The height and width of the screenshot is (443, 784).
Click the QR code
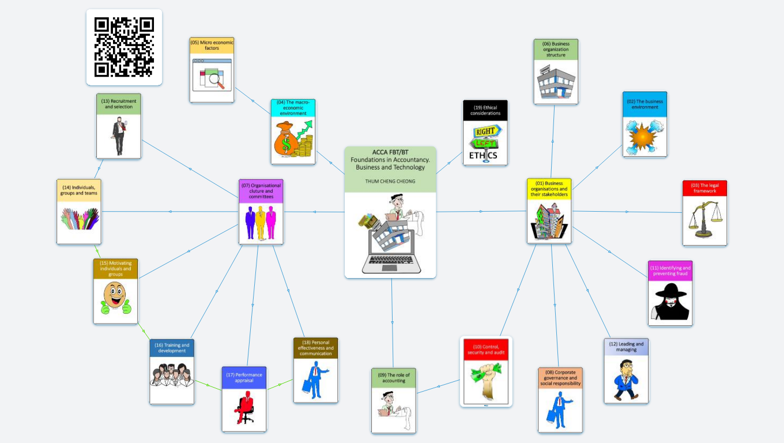124,47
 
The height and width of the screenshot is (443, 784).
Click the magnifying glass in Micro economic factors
217,79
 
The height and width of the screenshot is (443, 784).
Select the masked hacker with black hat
670,302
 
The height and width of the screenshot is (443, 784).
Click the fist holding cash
485,381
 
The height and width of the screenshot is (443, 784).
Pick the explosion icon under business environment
644,137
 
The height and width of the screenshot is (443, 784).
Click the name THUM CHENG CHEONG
390,181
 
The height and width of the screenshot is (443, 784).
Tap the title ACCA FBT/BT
390,152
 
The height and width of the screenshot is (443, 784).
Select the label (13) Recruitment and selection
118,104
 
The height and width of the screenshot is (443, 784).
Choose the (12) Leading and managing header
626,347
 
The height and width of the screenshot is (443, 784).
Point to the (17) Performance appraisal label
244,377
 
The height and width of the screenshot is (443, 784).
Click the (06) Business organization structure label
556,49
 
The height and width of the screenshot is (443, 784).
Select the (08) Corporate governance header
560,378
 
